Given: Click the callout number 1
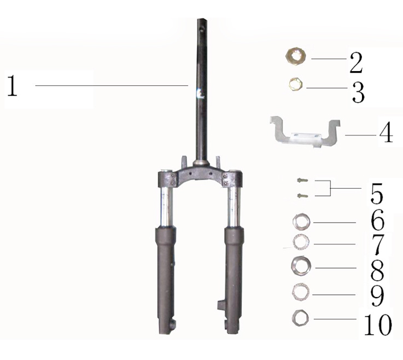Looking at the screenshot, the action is [x=12, y=86].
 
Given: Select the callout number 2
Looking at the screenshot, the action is [x=356, y=63].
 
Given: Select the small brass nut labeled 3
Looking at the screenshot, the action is [x=296, y=84].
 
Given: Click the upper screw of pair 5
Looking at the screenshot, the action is [x=302, y=181].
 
